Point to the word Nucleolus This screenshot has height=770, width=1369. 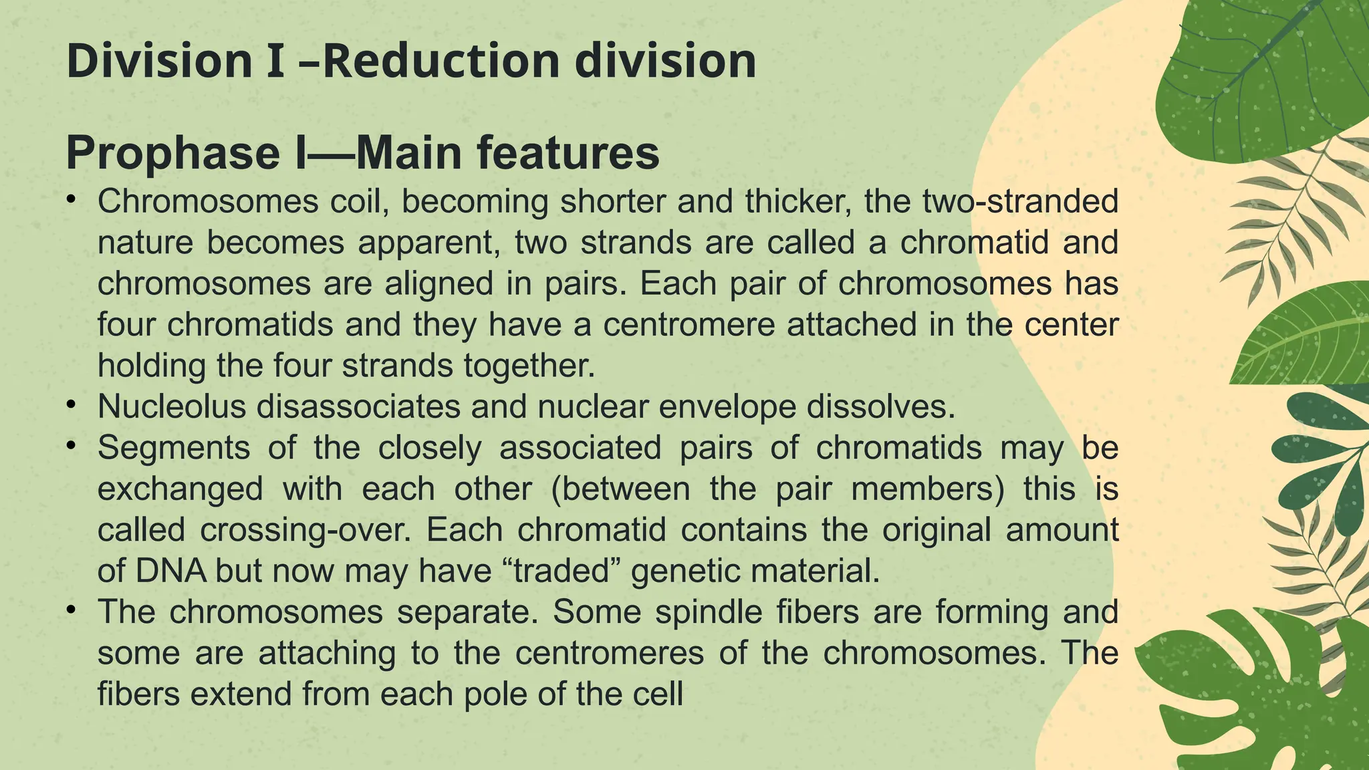click(172, 407)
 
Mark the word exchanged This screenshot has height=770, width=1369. click(180, 489)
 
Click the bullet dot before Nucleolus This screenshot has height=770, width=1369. click(72, 406)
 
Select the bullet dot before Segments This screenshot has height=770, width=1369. click(72, 446)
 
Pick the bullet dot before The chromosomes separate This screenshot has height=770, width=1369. click(72, 611)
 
